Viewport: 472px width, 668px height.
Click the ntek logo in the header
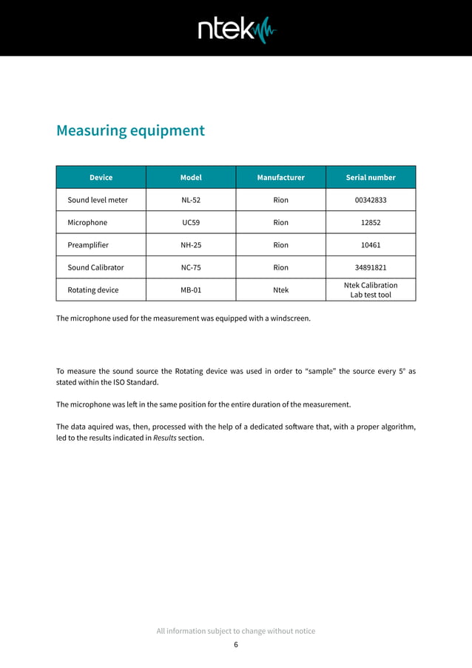click(x=236, y=30)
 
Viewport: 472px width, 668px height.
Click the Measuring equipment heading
click(x=130, y=130)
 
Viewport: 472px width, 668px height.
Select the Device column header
click(x=101, y=177)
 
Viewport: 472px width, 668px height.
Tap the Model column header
click(x=191, y=177)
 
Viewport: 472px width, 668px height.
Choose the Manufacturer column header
click(x=280, y=177)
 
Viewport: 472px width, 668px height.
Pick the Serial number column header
click(x=371, y=177)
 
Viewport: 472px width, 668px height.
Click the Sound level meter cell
click(x=98, y=200)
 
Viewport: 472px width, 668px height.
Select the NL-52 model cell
click(x=191, y=200)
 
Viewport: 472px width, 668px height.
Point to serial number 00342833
click(x=371, y=200)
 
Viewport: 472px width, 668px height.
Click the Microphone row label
click(x=87, y=222)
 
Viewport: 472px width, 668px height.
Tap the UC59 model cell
click(x=191, y=222)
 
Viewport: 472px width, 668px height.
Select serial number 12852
click(x=371, y=222)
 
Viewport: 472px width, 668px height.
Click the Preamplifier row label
click(x=88, y=244)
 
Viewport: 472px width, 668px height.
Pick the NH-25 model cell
click(x=191, y=244)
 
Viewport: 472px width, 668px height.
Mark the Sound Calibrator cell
click(x=95, y=267)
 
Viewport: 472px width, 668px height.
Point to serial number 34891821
click(x=371, y=267)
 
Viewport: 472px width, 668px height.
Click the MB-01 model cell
click(x=191, y=290)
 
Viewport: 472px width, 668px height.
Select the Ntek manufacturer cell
click(x=280, y=290)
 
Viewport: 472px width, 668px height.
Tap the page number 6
click(x=236, y=644)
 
